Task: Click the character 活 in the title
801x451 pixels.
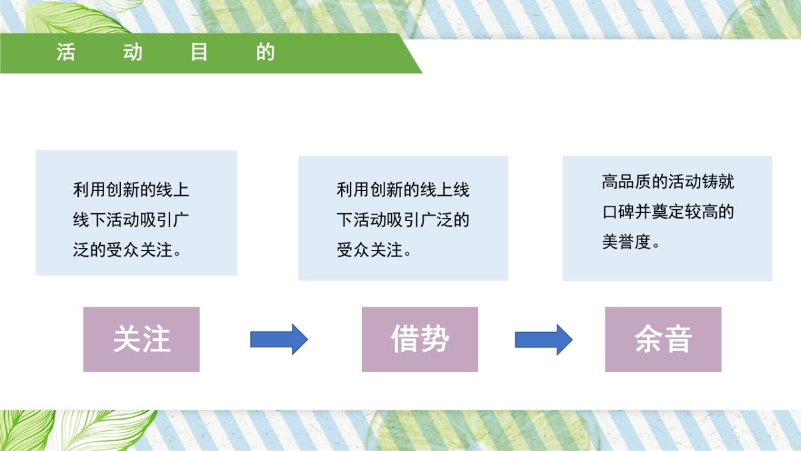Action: tap(65, 53)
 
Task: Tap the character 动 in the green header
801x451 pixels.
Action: tap(133, 53)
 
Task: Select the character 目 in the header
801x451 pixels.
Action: tap(199, 53)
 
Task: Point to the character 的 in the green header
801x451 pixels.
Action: tap(266, 53)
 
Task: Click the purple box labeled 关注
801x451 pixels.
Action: tap(142, 339)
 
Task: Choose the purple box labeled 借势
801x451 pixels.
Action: tap(420, 339)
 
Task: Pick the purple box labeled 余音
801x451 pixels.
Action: tap(663, 339)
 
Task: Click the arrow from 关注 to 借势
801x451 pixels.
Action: tap(279, 339)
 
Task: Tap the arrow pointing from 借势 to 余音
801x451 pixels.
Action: tap(543, 339)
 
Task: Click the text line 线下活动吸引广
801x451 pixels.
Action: tap(131, 220)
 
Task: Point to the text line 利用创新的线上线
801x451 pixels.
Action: tap(403, 190)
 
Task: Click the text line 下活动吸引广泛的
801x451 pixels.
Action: tap(403, 220)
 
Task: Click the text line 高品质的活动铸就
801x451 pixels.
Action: tap(668, 182)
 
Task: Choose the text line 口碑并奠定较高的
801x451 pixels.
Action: tap(668, 212)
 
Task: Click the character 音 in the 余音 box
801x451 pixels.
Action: tap(678, 339)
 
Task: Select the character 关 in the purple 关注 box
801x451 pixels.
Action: tap(127, 339)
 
